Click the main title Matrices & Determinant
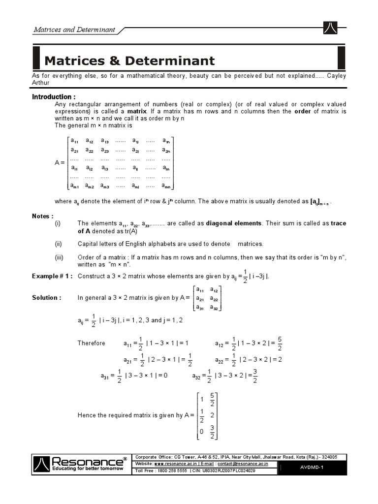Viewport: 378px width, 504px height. click(x=129, y=61)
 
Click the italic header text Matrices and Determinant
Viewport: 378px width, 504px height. click(x=74, y=30)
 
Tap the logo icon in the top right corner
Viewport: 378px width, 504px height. click(x=330, y=29)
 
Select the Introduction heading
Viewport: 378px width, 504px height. click(x=54, y=97)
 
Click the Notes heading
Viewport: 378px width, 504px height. click(x=43, y=216)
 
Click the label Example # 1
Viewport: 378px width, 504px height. click(x=52, y=276)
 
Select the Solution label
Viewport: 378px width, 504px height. click(x=47, y=298)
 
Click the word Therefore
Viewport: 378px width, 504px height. click(x=92, y=343)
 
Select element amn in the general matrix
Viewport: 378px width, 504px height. click(x=166, y=186)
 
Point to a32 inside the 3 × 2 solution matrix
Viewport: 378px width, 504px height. click(x=215, y=308)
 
